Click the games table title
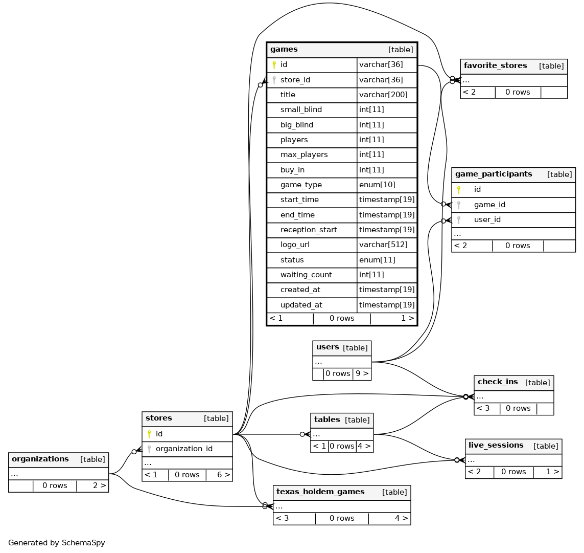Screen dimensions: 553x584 point(284,50)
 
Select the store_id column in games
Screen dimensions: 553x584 point(295,80)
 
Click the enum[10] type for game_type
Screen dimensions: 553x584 point(377,185)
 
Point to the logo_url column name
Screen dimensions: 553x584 point(295,245)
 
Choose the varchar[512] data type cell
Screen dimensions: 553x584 point(383,245)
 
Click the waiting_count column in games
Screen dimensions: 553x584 point(306,275)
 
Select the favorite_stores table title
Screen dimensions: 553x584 point(495,66)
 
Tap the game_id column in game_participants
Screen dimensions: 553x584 point(489,205)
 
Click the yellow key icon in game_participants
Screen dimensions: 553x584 point(459,190)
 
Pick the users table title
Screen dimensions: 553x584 point(328,347)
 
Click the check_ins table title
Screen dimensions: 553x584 point(498,382)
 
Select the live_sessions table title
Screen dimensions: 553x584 point(496,446)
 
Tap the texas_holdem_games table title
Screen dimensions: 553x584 point(320,492)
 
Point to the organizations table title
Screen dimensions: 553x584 point(40,459)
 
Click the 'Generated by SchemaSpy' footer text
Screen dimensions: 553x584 point(57,543)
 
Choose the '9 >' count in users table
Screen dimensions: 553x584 point(362,373)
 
